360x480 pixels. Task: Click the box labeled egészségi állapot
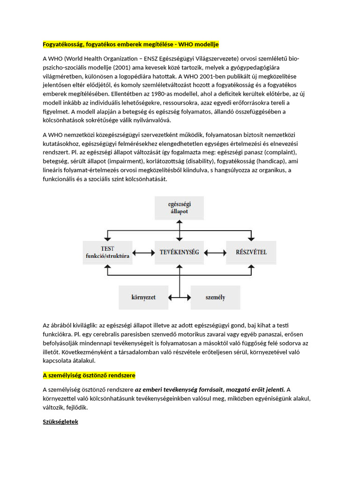(x=179, y=208)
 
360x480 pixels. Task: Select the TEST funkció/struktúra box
(x=108, y=252)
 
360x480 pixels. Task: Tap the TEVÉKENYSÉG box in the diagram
(x=179, y=252)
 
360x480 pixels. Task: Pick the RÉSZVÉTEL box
(x=251, y=252)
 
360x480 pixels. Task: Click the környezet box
(x=143, y=298)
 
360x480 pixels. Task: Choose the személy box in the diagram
(x=215, y=298)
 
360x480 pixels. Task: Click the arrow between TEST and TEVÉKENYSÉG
(x=143, y=252)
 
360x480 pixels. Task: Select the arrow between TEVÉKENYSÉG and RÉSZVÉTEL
(x=215, y=252)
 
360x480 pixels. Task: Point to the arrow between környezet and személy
(x=179, y=298)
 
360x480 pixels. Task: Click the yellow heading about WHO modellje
(x=131, y=45)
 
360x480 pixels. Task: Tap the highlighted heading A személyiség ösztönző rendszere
(x=89, y=376)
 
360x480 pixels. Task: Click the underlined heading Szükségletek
(x=60, y=422)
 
